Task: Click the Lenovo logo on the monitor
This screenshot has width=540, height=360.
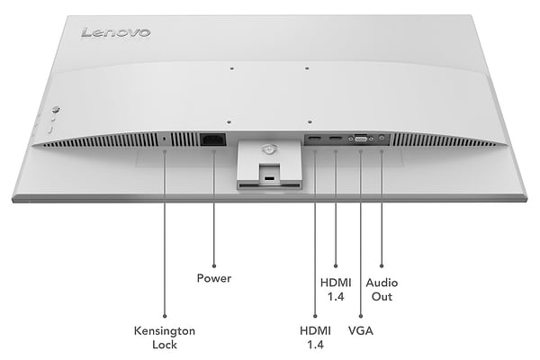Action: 116,32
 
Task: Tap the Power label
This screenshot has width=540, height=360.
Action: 213,278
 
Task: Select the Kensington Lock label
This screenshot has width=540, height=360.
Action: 164,337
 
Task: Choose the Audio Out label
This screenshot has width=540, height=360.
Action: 382,289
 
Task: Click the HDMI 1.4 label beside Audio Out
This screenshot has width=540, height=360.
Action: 335,289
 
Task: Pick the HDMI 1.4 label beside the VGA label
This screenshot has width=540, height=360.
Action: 315,337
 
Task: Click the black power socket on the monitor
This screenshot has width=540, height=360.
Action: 213,139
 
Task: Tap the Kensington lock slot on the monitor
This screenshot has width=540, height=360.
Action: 164,139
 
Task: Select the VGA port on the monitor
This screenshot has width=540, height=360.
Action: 360,139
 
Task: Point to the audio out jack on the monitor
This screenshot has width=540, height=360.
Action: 382,139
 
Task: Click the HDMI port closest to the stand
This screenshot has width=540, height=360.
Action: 315,139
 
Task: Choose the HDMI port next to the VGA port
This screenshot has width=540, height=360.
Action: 335,139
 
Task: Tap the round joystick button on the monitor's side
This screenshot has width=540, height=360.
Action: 54,111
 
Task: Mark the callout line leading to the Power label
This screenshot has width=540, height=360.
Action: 213,207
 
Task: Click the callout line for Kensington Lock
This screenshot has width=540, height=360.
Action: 164,234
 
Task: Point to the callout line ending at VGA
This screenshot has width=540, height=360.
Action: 360,234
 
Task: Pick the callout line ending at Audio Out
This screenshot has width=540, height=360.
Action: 382,207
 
